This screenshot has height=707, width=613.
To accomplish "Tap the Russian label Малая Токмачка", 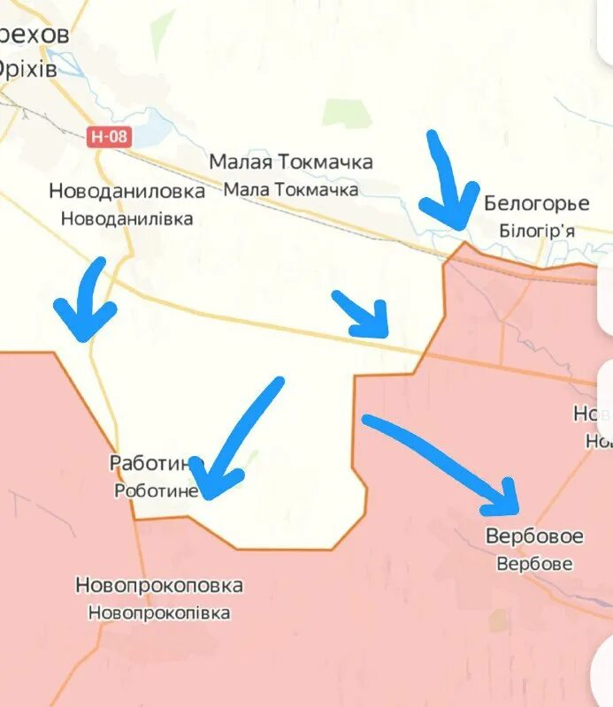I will [291, 163].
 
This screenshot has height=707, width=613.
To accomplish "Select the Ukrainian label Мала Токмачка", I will [291, 189].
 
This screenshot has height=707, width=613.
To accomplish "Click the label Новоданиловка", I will [126, 191].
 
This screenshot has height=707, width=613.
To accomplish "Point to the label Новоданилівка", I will [126, 218].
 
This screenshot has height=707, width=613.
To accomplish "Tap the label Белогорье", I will [536, 204].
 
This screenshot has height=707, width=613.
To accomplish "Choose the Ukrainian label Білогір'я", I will [537, 231].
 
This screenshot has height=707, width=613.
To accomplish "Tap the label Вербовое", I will [534, 536].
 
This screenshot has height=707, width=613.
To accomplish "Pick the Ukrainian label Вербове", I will [534, 563].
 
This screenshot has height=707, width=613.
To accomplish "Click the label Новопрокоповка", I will [159, 585].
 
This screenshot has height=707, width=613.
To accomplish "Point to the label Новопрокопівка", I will [159, 612].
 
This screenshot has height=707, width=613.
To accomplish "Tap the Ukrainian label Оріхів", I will [28, 68].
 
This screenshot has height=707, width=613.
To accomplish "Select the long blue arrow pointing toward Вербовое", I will [442, 464].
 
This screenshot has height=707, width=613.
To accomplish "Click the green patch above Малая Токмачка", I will [346, 111].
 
